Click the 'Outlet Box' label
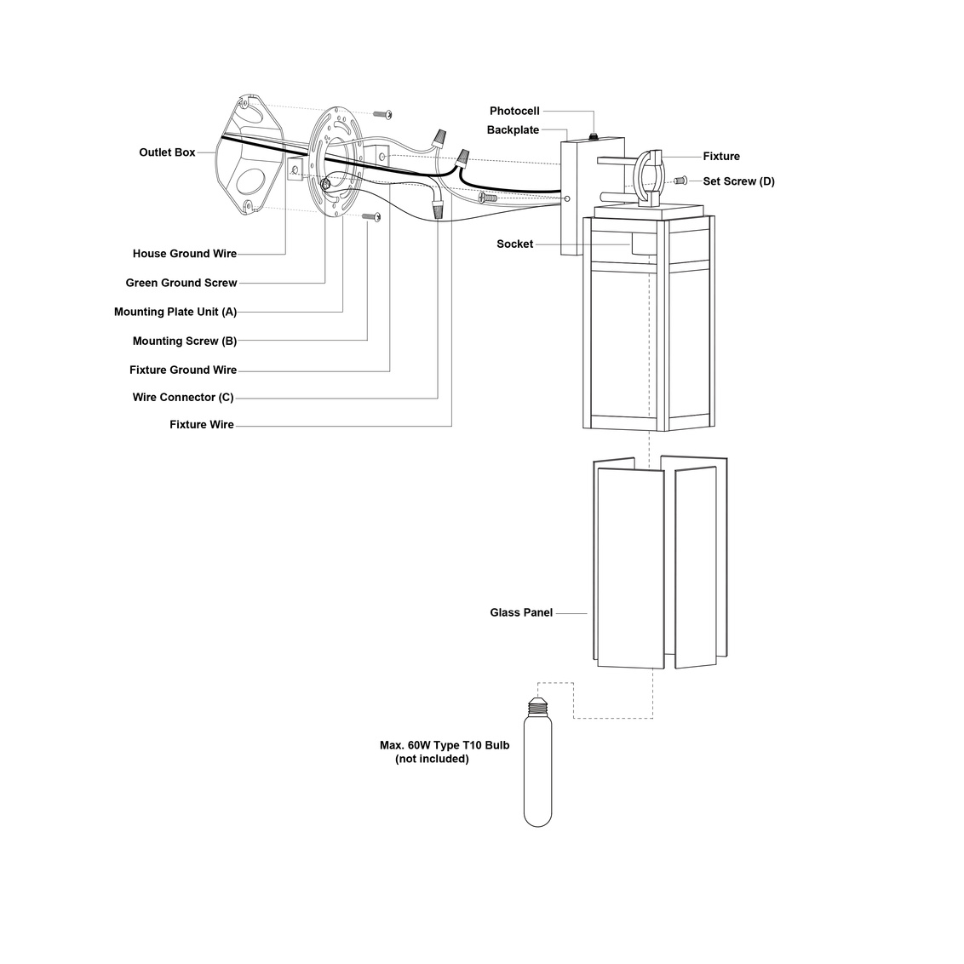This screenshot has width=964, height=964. [x=167, y=152]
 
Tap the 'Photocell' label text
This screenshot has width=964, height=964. [x=514, y=112]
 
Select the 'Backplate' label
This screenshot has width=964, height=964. [x=513, y=130]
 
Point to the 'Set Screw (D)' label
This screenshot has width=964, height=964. [x=738, y=181]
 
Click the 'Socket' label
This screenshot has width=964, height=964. [x=514, y=244]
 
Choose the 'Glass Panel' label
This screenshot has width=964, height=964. [x=521, y=612]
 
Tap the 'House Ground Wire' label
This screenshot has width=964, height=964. [x=184, y=254]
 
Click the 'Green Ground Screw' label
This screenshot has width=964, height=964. [x=181, y=283]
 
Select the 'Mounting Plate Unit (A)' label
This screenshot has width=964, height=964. [x=175, y=312]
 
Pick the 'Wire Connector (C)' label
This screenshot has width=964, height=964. [x=183, y=398]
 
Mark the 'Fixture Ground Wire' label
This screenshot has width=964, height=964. [x=183, y=370]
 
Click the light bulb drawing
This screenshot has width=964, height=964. [x=537, y=766]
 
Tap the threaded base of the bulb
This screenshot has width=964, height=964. [x=537, y=706]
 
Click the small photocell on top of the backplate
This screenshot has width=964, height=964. [x=594, y=135]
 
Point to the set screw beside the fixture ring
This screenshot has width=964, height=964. [x=680, y=181]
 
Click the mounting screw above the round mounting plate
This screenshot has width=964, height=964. [x=382, y=113]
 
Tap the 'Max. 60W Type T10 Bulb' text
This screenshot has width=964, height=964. [x=445, y=745]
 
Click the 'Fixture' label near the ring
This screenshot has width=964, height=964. [x=721, y=157]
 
